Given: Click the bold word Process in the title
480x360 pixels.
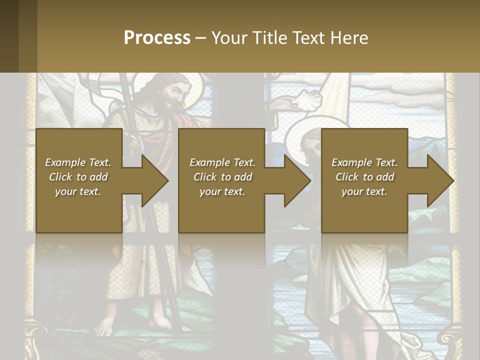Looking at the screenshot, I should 157,38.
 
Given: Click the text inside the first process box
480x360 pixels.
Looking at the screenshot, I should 78,177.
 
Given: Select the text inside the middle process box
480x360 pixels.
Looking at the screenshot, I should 222,177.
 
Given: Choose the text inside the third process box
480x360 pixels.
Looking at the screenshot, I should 364,177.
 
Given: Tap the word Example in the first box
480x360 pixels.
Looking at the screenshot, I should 65,162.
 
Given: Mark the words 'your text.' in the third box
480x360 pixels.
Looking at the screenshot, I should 364,191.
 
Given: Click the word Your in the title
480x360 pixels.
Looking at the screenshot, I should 227,38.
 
